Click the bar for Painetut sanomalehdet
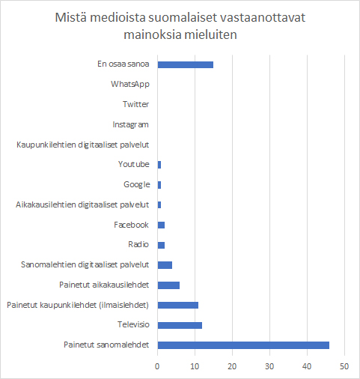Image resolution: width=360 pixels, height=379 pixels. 243,345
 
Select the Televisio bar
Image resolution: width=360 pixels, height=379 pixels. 180,325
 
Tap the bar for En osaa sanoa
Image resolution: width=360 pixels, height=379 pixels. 186,64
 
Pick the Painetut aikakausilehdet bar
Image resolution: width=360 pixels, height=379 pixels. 168,285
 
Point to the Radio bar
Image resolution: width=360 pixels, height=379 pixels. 161,245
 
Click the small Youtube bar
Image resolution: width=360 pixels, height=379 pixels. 159,165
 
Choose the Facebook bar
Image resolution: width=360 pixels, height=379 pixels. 161,225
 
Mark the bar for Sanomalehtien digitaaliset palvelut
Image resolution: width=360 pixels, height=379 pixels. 165,265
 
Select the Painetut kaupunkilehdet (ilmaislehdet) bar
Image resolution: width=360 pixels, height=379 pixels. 178,305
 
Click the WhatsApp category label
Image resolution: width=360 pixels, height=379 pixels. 130,84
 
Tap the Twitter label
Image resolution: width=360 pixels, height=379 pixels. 135,104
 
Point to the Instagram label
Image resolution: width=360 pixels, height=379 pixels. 130,124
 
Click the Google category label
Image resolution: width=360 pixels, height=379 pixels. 137,184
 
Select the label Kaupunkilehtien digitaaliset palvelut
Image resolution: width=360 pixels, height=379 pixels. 83,145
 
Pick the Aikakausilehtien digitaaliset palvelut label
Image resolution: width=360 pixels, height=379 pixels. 82,204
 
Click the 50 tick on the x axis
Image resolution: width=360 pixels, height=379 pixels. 344,366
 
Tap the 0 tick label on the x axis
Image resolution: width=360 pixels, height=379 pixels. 157,366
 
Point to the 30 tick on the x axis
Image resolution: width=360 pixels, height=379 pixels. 269,366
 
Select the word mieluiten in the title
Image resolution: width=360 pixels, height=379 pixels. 210,34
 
